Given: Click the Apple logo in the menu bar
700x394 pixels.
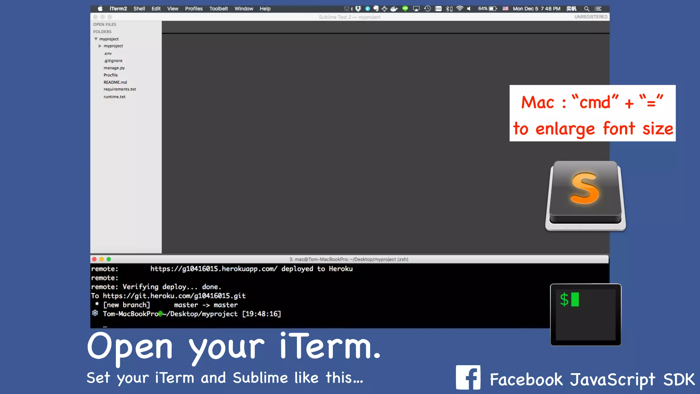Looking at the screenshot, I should [x=100, y=9].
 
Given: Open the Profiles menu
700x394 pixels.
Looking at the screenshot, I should [x=194, y=9].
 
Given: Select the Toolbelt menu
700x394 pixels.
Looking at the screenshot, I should [x=218, y=9].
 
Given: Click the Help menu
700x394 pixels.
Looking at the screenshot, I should [x=265, y=9].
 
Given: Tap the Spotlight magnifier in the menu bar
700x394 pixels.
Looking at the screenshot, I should [x=587, y=9].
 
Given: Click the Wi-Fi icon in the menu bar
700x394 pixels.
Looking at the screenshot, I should [x=460, y=9].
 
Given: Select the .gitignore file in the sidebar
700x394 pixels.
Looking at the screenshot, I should [x=113, y=61].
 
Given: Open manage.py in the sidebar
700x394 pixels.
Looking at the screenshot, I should [x=114, y=68].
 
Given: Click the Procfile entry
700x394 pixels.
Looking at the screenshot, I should [x=110, y=75].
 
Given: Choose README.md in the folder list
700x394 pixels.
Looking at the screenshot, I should [x=115, y=82].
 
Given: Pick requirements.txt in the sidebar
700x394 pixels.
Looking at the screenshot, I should [x=120, y=89].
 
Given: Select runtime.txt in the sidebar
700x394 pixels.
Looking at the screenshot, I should [x=115, y=97].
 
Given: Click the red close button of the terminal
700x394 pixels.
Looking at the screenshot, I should [x=94, y=259].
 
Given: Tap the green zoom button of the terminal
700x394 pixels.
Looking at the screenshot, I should [x=109, y=259].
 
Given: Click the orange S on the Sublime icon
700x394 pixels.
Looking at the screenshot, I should [x=585, y=188].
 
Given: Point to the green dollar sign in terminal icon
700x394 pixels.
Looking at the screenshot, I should [x=564, y=300].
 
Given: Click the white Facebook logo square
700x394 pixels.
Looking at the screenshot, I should [x=468, y=377].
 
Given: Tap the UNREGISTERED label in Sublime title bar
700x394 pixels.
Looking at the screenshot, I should [x=591, y=17].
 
